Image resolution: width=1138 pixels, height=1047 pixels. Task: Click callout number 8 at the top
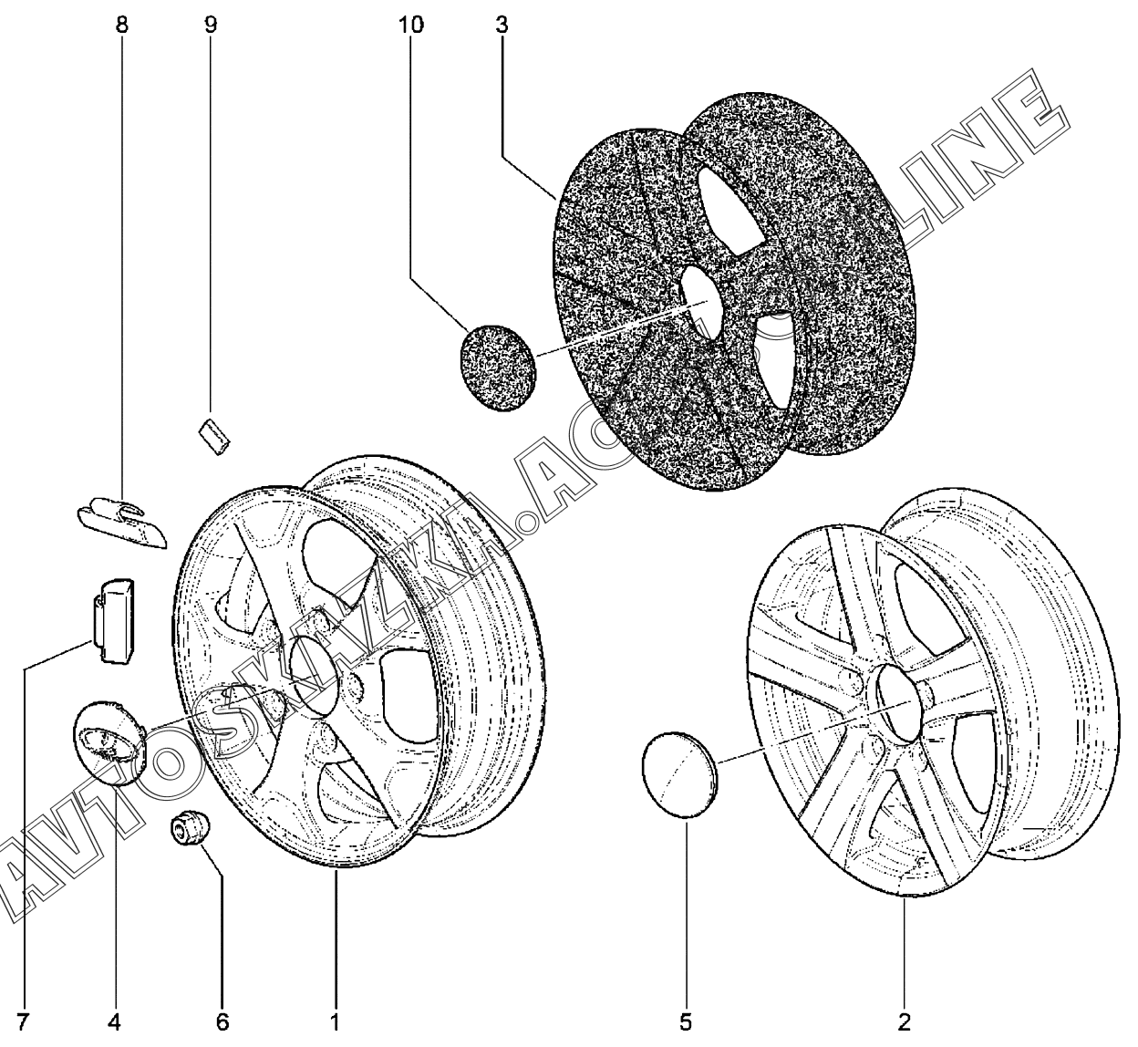[121, 25]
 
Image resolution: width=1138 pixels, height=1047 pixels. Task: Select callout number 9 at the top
[210, 25]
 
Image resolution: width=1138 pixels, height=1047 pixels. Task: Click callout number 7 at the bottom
[22, 1021]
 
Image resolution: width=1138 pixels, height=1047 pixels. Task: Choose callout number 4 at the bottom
[115, 1021]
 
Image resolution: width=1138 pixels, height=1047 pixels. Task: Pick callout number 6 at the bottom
[222, 1021]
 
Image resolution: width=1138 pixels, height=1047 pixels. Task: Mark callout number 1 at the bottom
[335, 1021]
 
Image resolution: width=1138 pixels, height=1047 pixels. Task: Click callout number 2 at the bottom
[905, 1021]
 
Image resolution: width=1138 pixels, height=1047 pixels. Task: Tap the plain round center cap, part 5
[679, 763]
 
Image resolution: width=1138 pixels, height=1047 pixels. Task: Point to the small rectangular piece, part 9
[215, 434]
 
